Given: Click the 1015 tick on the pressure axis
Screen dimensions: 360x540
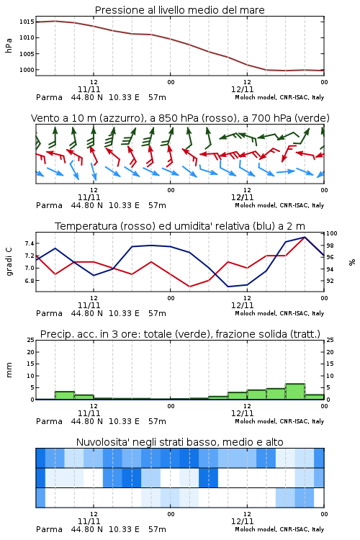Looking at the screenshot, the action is [x=27, y=22].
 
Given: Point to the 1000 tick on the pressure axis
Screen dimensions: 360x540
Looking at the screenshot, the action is [x=27, y=70].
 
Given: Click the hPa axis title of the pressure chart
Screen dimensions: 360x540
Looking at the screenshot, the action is [x=9, y=45].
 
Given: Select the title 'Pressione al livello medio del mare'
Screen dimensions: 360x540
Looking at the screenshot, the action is [x=179, y=10].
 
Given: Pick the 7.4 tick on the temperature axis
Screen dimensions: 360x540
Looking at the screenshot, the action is [x=30, y=243].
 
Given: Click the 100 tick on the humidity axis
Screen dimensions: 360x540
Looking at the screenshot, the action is [x=332, y=233].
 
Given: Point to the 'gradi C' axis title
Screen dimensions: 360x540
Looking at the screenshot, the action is [x=9, y=261].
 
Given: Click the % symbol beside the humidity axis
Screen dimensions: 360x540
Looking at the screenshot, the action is [x=352, y=262].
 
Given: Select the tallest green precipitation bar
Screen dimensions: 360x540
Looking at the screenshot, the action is [x=295, y=392].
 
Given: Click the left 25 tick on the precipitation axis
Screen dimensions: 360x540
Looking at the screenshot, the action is [x=30, y=340].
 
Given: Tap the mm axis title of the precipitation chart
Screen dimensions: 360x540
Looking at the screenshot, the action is [x=9, y=369].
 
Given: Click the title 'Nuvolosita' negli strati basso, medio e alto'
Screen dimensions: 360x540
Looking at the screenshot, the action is [x=179, y=442].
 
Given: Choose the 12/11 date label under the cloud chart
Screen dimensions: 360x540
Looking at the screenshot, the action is [x=242, y=521].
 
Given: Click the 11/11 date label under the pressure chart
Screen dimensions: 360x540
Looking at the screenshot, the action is [x=89, y=89].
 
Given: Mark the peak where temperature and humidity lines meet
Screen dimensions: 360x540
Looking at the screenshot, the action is [x=304, y=237].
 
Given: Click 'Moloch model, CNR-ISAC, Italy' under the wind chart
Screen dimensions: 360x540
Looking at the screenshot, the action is [x=279, y=205].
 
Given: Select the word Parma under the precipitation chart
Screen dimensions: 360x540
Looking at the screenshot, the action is [x=49, y=421].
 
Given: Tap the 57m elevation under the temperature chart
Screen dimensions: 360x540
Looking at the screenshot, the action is [x=157, y=313].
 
